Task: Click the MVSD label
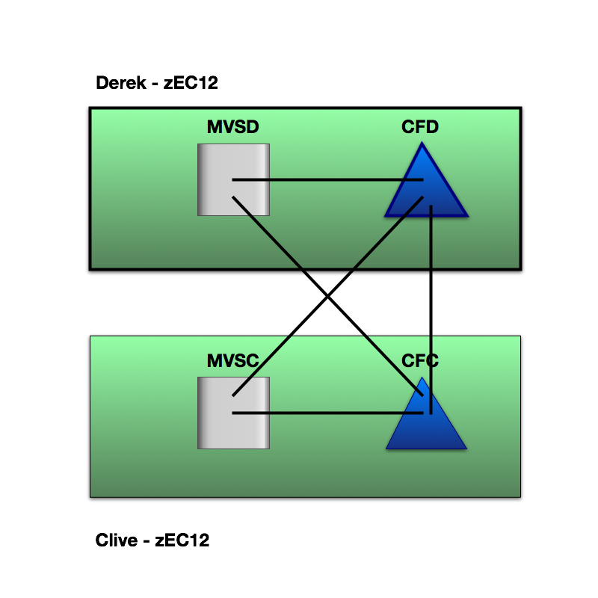tap(232, 127)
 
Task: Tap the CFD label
tap(419, 127)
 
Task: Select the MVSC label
tap(232, 361)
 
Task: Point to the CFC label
tap(419, 361)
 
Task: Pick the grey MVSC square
tap(217, 430)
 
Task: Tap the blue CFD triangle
tap(407, 202)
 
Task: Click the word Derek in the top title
tap(119, 83)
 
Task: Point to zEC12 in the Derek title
tap(191, 83)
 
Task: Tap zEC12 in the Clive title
tap(182, 540)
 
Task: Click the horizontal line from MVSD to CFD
tap(329, 180)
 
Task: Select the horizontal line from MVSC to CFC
tap(329, 413)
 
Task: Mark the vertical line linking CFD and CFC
tap(431, 299)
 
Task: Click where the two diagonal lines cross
tap(328, 297)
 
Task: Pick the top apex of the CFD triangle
tap(426, 143)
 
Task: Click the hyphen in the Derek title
tap(154, 84)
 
